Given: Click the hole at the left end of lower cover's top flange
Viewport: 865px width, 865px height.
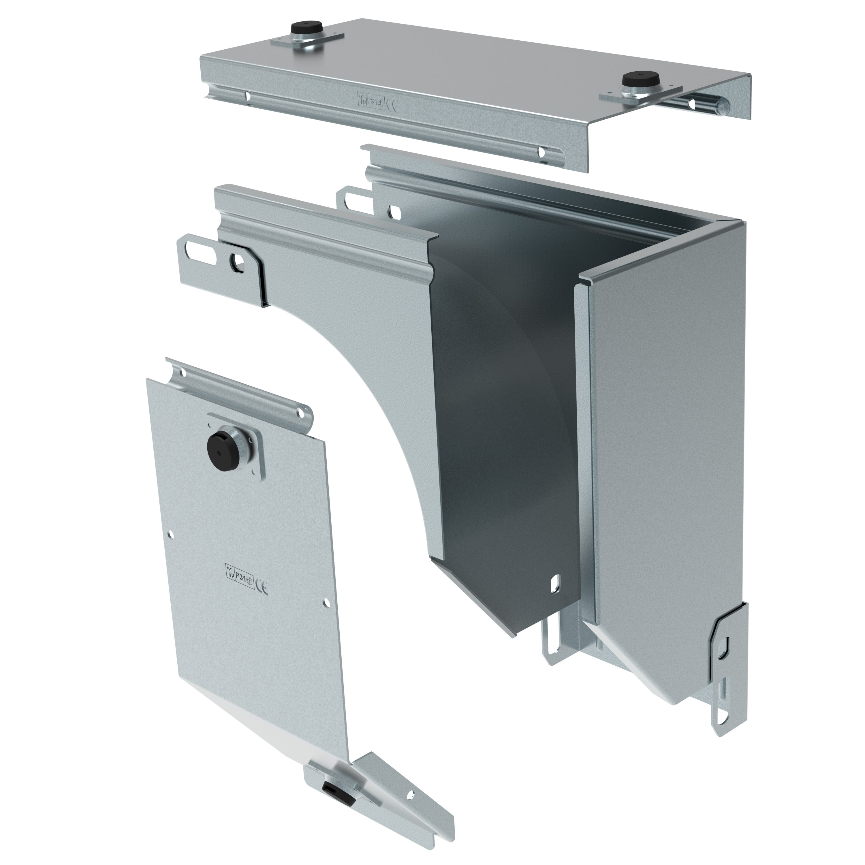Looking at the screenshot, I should [x=183, y=372].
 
